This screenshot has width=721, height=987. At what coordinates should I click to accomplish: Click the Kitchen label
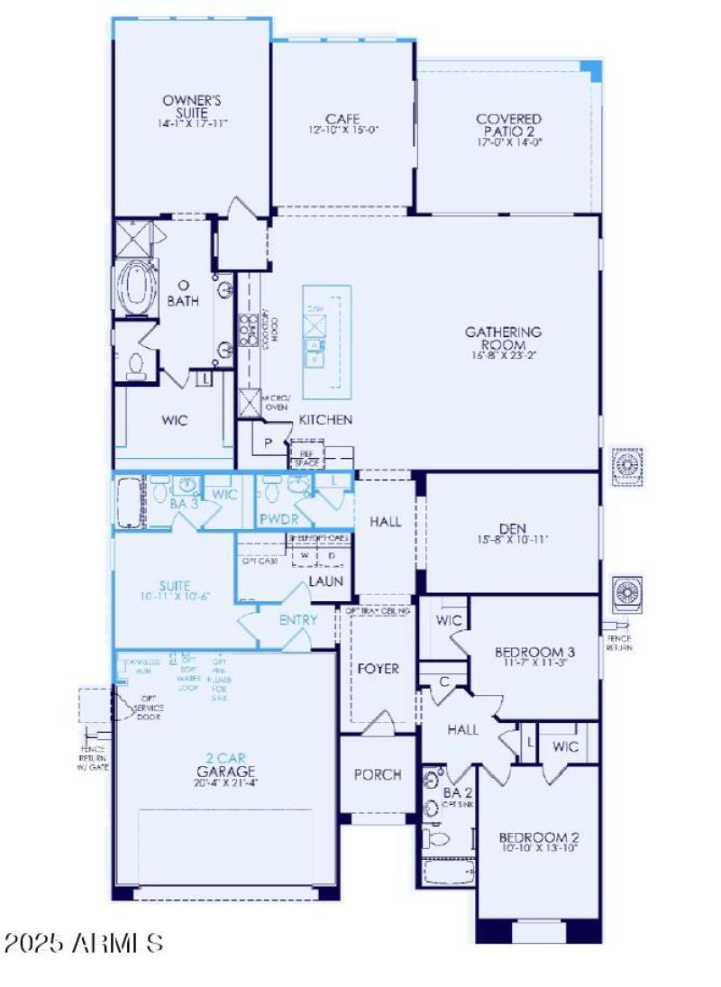point(325,420)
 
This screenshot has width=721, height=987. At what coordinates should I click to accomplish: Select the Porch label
point(378,775)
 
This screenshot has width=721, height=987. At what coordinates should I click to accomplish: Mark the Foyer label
point(379,669)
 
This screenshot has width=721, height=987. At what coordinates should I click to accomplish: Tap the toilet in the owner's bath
point(136,364)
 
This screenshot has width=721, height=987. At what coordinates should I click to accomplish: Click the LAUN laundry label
point(325,581)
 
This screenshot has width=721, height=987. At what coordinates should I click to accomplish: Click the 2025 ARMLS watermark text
point(84,944)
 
